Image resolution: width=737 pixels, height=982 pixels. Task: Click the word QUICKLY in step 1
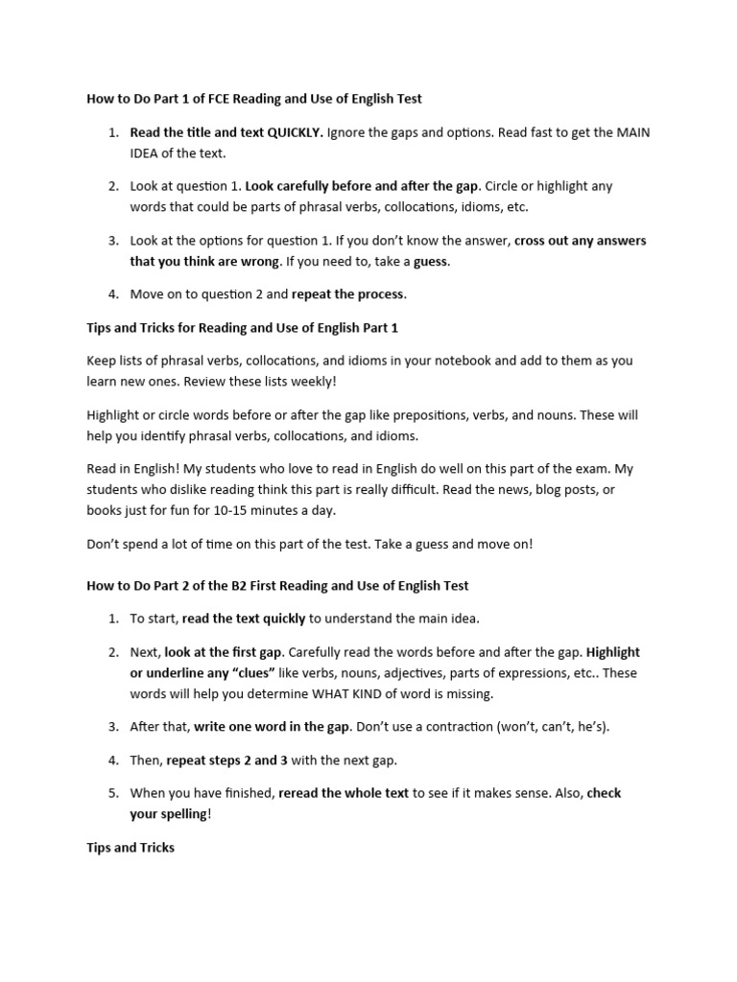click(x=295, y=132)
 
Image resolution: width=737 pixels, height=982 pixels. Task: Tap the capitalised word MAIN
click(x=631, y=132)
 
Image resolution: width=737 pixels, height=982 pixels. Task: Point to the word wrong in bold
click(x=261, y=261)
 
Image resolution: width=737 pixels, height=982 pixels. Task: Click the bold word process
click(x=380, y=294)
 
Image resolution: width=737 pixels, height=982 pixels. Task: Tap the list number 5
click(x=112, y=793)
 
